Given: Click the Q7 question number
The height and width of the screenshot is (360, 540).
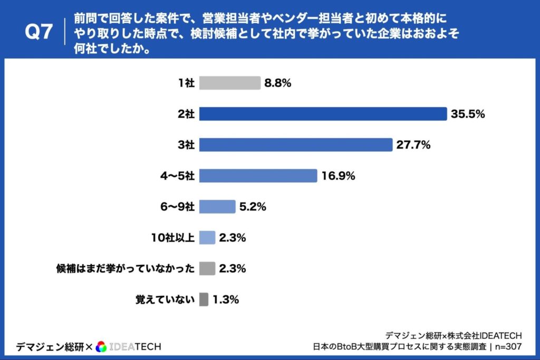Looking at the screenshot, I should point(39,32).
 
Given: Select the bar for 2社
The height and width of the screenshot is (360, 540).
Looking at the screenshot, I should point(323,114).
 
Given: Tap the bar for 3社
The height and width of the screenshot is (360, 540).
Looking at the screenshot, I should point(296,145).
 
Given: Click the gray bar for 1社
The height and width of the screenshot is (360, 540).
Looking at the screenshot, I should point(230,83).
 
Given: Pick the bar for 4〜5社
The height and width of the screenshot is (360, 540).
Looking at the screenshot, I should point(258,176).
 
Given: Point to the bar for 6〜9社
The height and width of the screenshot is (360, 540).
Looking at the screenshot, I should point(217,207).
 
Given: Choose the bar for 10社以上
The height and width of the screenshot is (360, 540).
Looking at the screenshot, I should point(207,238).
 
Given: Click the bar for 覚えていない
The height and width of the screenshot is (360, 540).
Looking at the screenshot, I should point(204,300).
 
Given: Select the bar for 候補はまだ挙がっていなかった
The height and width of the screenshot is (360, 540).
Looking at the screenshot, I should point(207,269).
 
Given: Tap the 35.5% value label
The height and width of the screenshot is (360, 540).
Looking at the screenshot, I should point(468,114).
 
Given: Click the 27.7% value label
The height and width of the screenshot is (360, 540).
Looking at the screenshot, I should point(413,145).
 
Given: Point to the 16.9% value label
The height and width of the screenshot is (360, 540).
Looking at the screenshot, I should point(338,176).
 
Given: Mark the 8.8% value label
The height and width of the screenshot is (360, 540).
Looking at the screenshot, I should point(278,83).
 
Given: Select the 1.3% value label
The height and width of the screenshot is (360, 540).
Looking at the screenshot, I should point(226,300).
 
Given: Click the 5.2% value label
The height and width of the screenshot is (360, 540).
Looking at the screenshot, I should point(253,207).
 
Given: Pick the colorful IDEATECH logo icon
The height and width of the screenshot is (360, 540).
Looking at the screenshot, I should point(102,346).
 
